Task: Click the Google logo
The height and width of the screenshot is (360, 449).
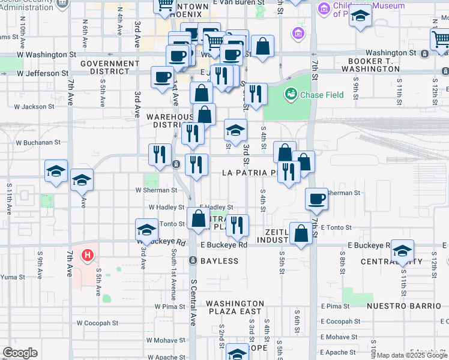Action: coord(20,353)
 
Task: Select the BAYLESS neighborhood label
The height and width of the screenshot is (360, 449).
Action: coord(215,261)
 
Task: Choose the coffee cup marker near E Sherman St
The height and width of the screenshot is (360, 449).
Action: coord(316,199)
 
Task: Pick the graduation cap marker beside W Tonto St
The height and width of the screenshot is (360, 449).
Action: coord(146,229)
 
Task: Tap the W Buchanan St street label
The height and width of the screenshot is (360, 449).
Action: coord(38,143)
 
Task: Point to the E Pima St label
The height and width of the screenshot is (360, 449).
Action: coord(335,306)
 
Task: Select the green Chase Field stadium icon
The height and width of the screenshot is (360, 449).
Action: coord(291,94)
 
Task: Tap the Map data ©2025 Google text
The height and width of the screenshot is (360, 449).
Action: coord(412,355)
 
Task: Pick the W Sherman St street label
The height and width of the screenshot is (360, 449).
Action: coord(156,190)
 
